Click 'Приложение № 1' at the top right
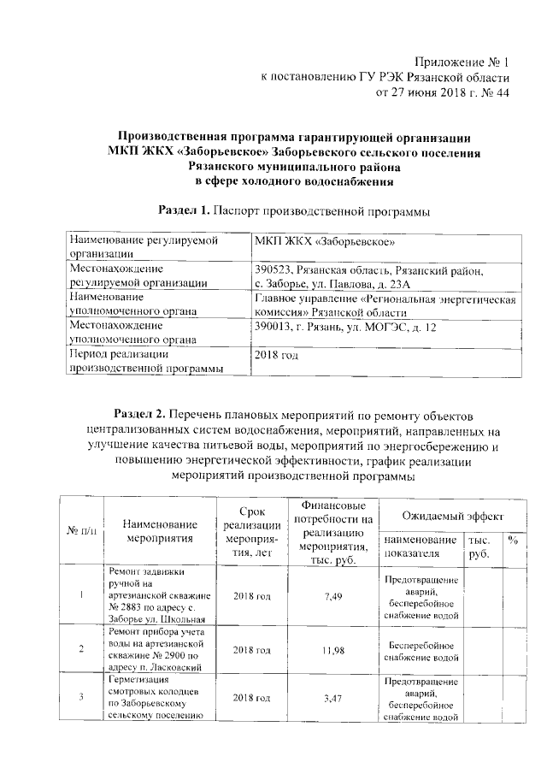coord(462,62)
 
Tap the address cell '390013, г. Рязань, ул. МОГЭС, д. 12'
coord(346,328)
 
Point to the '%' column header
coord(513,541)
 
